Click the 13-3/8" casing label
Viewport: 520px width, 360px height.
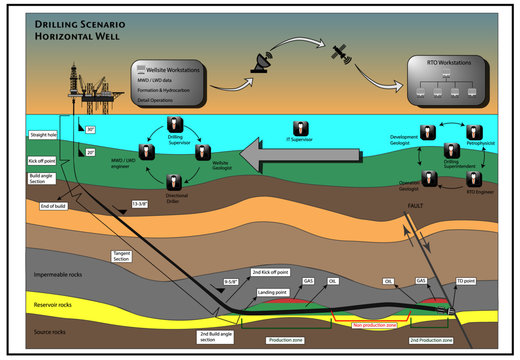coord(141,204)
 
